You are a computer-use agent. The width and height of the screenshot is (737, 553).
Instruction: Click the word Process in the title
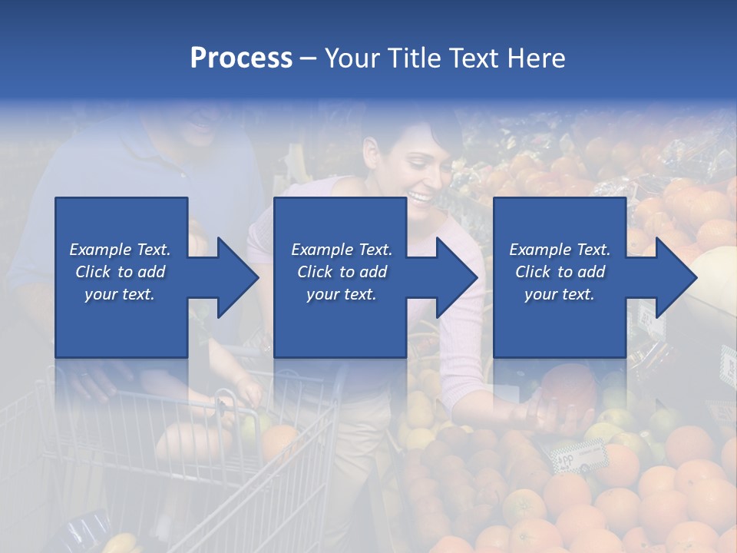(241, 58)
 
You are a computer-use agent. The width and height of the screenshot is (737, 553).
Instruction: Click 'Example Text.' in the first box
(120, 250)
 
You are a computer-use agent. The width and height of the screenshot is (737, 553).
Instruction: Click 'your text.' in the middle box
(341, 294)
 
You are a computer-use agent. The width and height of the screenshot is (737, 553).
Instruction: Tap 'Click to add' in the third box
(560, 272)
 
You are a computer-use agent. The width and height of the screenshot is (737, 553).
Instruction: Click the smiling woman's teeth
(421, 198)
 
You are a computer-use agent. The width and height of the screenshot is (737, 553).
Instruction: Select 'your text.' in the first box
(120, 294)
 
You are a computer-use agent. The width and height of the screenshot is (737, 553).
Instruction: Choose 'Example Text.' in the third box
(560, 250)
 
